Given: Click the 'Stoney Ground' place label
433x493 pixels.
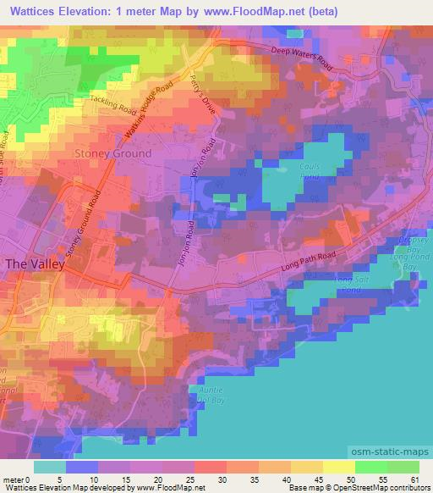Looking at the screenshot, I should [113, 153].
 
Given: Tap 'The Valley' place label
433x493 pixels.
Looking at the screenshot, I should [35, 263].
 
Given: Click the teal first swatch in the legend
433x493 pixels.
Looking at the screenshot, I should [49, 467].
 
